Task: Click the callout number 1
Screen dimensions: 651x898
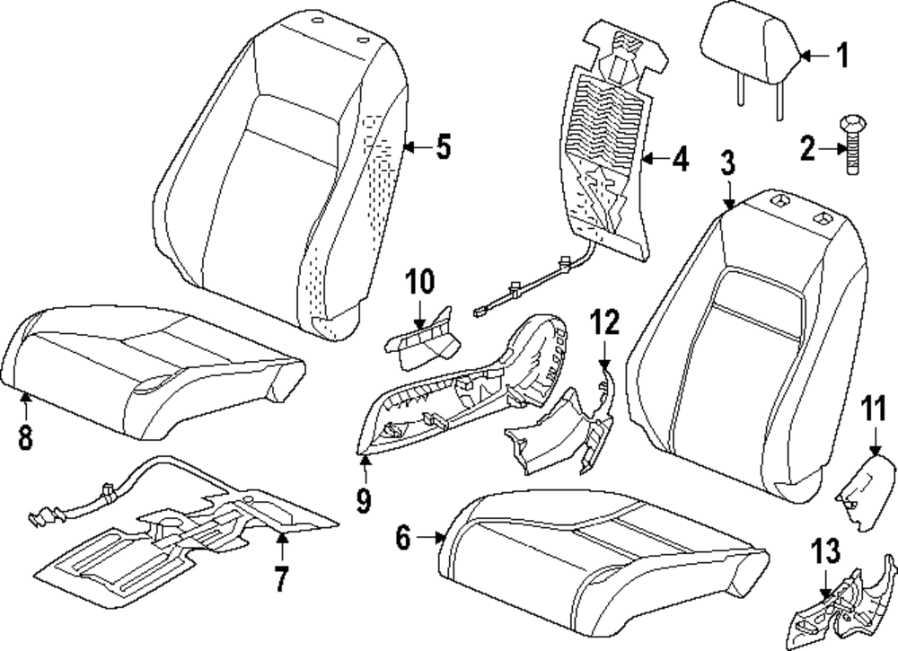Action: click(x=841, y=57)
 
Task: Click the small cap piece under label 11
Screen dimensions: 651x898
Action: click(x=867, y=493)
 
